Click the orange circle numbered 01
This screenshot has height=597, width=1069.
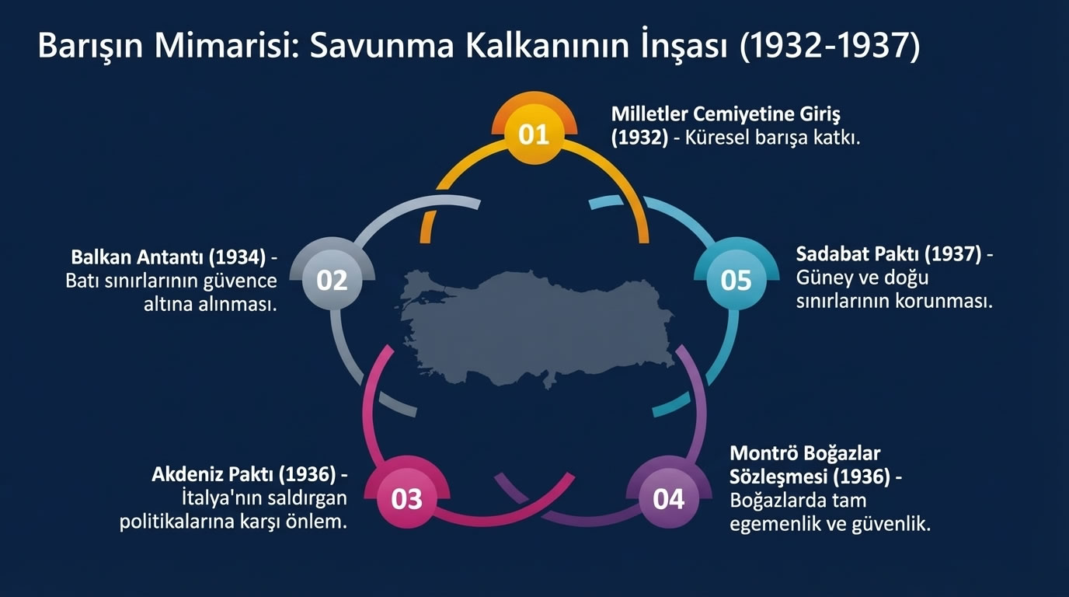534,134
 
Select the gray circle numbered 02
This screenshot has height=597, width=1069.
332,279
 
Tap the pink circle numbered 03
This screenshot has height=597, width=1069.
406,498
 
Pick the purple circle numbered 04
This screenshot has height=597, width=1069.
668,498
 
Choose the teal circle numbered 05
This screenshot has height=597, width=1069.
736,279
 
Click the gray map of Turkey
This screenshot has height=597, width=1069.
536,326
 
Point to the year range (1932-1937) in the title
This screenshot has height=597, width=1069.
829,47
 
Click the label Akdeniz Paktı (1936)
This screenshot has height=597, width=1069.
243,474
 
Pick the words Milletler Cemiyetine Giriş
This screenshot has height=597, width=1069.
726,114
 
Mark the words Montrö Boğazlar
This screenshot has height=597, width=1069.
805,453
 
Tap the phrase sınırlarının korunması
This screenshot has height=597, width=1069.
894,302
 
